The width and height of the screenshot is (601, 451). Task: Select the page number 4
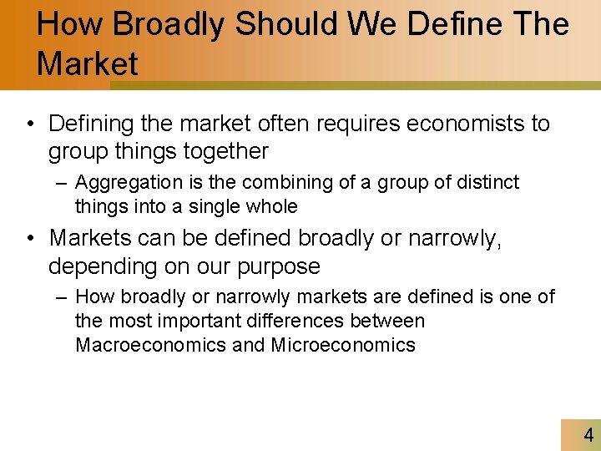tap(588, 435)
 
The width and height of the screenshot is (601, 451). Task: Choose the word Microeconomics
tap(343, 345)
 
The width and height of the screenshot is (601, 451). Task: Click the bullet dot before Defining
tap(29, 124)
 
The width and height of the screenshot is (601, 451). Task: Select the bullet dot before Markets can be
tap(29, 238)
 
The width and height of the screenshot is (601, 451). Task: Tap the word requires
tap(359, 124)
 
